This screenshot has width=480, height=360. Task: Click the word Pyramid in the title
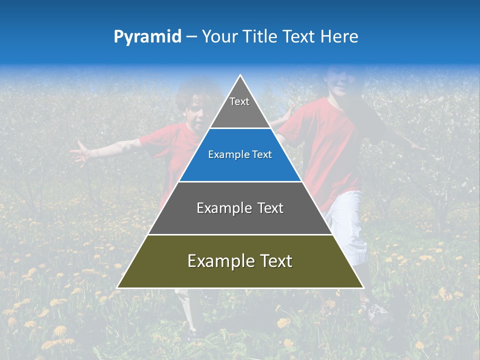pos(147,37)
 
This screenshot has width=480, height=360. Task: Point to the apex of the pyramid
pos(240,76)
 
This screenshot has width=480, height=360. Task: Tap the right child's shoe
pos(376,311)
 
